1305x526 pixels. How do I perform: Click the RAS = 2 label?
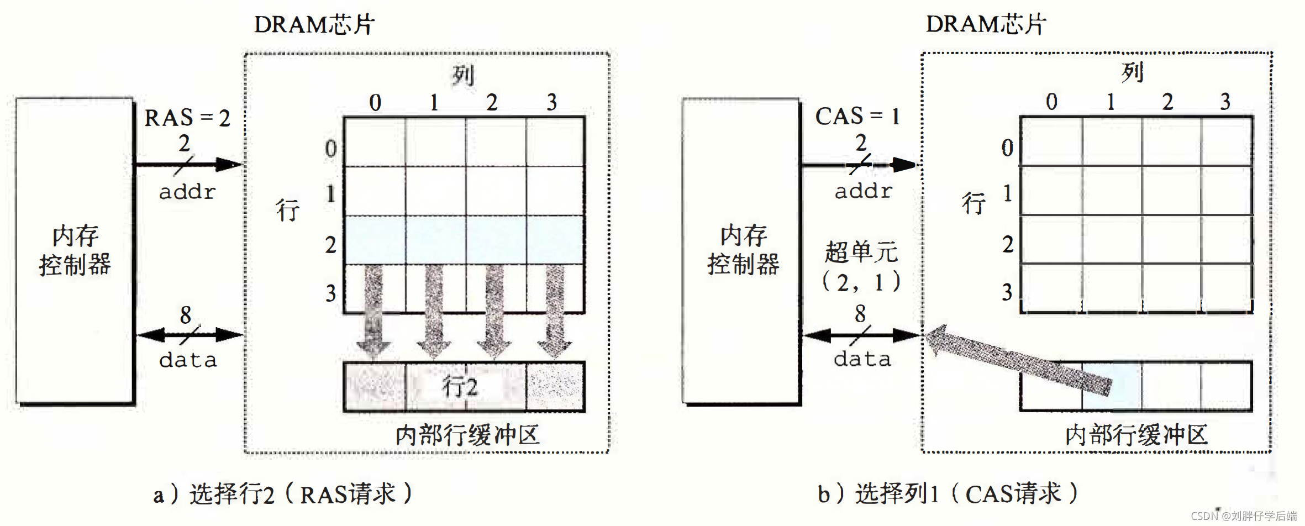(x=187, y=118)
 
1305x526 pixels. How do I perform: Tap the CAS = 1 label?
(x=857, y=117)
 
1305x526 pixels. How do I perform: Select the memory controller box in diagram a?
(x=75, y=251)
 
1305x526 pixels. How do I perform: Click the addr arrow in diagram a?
(x=188, y=165)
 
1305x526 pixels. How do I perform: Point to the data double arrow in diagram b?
(x=861, y=335)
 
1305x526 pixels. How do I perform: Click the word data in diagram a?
(x=188, y=360)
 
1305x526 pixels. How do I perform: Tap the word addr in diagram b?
(x=863, y=191)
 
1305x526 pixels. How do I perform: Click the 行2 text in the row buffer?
(x=460, y=387)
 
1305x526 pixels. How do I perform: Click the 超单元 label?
(x=861, y=253)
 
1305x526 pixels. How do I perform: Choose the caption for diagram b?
(x=948, y=493)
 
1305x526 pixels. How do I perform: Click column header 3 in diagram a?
(x=551, y=102)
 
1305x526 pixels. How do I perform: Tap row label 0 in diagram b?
(x=1007, y=148)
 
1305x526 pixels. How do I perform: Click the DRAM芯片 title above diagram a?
(x=314, y=25)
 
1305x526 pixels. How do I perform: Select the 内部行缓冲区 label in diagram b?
(x=1136, y=435)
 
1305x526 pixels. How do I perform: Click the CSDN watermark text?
(x=1244, y=516)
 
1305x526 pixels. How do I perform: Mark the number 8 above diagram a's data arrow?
(x=186, y=315)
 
